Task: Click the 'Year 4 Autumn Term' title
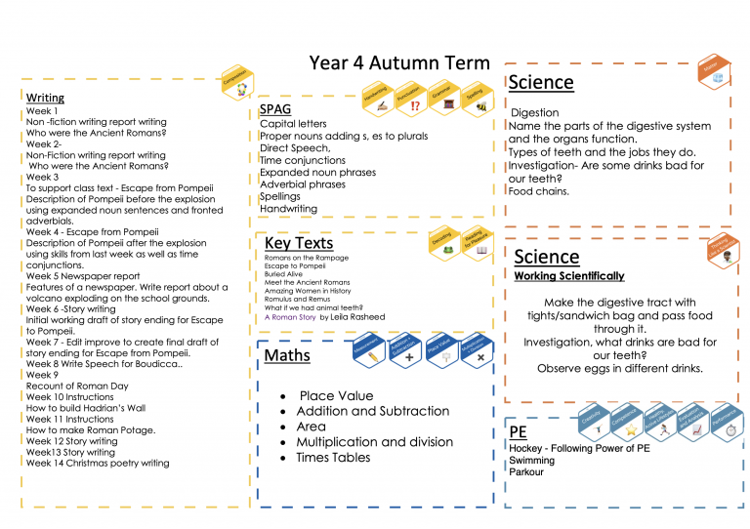pyautogui.click(x=399, y=63)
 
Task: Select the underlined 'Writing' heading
pyautogui.click(x=45, y=98)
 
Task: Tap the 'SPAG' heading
pyautogui.click(x=275, y=110)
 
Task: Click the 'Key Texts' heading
pyautogui.click(x=299, y=243)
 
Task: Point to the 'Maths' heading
pyautogui.click(x=287, y=355)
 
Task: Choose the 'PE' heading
pyautogui.click(x=519, y=431)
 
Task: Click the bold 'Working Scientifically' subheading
pyautogui.click(x=569, y=276)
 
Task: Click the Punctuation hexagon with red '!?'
pyautogui.click(x=412, y=98)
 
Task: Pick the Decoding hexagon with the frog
pyautogui.click(x=445, y=244)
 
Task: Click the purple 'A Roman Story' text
pyautogui.click(x=290, y=317)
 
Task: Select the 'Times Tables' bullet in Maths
pyautogui.click(x=335, y=457)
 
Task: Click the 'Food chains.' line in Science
pyautogui.click(x=539, y=192)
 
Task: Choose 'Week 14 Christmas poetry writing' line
pyautogui.click(x=98, y=464)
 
